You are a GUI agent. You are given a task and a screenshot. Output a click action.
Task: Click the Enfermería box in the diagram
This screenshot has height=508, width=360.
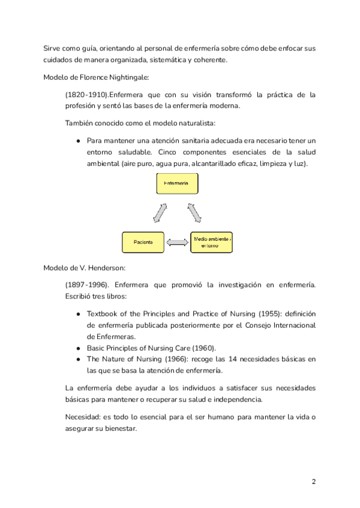(177, 183)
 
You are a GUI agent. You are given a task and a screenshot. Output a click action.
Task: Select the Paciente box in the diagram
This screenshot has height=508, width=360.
(143, 242)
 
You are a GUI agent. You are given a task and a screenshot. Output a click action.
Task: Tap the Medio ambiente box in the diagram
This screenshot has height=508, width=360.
(211, 242)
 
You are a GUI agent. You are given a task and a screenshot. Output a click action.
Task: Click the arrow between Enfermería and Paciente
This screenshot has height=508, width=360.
(160, 211)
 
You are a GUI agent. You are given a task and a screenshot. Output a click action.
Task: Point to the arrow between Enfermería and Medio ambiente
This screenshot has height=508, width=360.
(194, 211)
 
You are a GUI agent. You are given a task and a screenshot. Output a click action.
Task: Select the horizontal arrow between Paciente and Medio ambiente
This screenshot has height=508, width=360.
(177, 242)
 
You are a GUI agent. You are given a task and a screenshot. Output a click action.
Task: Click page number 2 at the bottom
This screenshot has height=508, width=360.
(313, 482)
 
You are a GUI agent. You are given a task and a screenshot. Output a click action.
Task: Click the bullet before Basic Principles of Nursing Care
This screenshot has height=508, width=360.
(79, 348)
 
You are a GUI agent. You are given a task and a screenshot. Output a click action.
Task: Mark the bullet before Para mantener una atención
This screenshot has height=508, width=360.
(79, 141)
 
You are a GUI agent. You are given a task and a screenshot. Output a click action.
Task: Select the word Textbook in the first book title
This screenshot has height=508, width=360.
(105, 313)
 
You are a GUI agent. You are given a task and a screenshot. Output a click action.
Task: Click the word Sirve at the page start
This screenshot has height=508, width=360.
(53, 48)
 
